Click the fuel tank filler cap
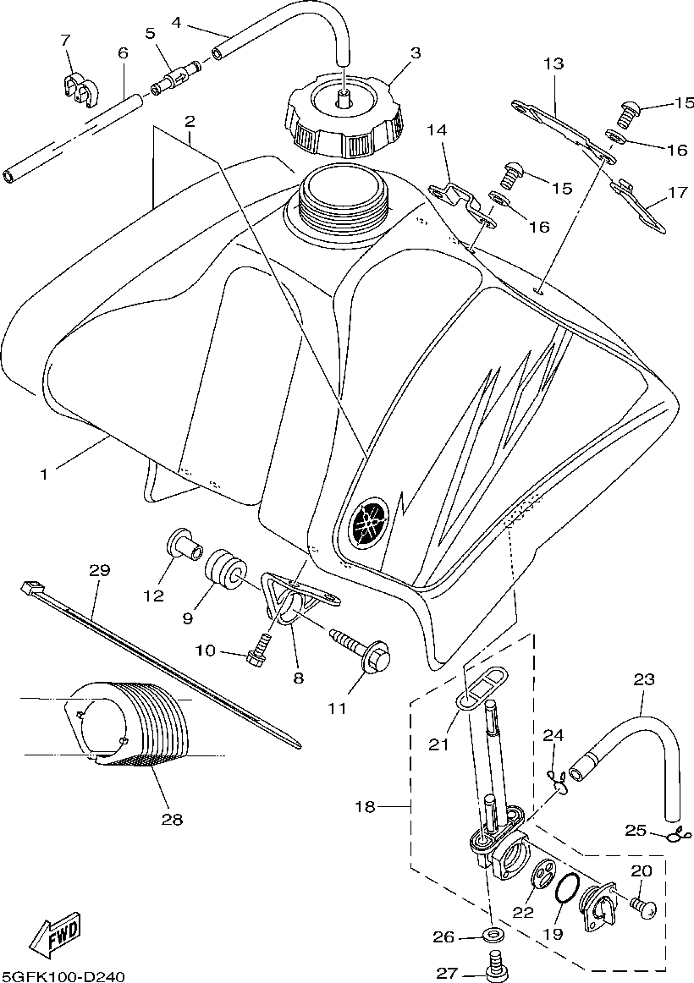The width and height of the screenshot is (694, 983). [x=346, y=120]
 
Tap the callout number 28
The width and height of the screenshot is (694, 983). [x=172, y=819]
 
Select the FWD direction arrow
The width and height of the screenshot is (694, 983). [x=55, y=937]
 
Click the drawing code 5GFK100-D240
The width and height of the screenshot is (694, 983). [x=63, y=976]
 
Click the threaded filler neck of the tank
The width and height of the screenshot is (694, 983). [x=343, y=203]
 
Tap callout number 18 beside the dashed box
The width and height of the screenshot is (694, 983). [x=364, y=807]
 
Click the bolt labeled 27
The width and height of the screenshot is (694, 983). [x=496, y=963]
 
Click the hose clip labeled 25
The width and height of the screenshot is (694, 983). [x=675, y=837]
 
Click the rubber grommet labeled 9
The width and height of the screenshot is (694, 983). [x=223, y=569]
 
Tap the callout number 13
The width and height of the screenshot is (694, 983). [x=553, y=63]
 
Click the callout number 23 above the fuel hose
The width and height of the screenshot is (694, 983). [x=644, y=678]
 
